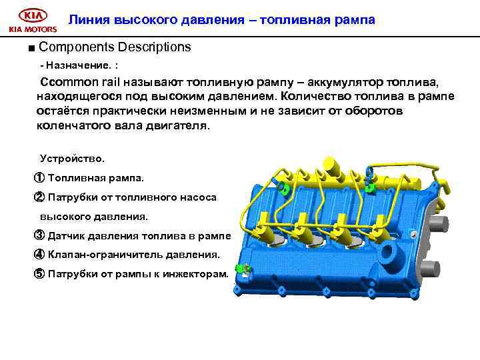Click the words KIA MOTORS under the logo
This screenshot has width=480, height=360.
click(32, 29)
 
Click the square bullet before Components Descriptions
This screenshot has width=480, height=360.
click(31, 48)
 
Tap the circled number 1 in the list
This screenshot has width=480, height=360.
click(39, 178)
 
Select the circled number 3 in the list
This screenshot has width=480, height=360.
click(39, 235)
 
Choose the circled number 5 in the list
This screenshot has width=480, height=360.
click(39, 273)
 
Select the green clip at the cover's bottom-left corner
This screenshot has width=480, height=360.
click(243, 269)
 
